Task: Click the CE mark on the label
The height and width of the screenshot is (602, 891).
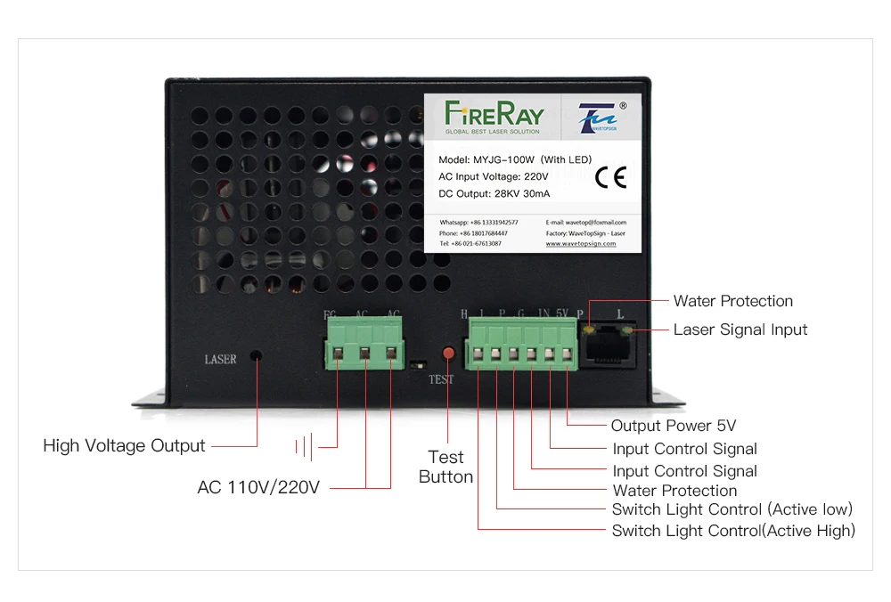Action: [x=611, y=177]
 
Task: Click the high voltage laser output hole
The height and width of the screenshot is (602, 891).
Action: [x=257, y=356]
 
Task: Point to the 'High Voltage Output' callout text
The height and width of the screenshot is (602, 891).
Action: [x=124, y=445]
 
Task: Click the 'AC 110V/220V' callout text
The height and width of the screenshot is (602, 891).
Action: [x=258, y=487]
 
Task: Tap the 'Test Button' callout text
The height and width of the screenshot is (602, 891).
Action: [x=445, y=467]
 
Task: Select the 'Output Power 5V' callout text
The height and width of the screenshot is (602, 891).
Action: [x=674, y=426]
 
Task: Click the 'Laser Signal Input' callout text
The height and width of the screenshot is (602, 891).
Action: [x=740, y=329]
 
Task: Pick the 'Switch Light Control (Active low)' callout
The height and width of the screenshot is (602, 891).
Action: [x=732, y=509]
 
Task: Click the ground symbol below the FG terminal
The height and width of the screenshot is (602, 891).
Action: [x=307, y=446]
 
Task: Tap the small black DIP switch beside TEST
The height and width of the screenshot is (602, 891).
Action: [x=418, y=364]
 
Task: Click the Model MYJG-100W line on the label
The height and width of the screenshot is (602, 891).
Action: [x=515, y=159]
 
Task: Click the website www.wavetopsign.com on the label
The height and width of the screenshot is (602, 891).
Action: [x=581, y=243]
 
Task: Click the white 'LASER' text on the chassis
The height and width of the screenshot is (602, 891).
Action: [x=221, y=360]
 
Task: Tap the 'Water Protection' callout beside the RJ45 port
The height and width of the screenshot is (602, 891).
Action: [x=732, y=301]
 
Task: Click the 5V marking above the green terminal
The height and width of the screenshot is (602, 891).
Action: [x=561, y=313]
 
